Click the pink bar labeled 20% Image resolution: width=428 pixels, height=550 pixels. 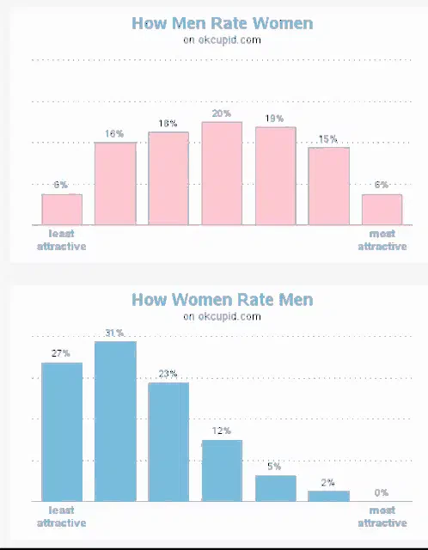[222, 174]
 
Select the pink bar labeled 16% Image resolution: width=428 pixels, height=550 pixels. [115, 183]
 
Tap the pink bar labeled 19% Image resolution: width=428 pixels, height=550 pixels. [276, 175]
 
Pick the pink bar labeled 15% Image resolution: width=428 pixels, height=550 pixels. [328, 186]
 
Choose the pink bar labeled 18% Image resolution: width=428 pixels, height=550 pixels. [168, 178]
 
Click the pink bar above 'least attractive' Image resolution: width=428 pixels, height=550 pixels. [62, 210]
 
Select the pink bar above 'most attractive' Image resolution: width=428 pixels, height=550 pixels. [382, 210]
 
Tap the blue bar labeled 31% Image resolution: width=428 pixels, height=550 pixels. [115, 421]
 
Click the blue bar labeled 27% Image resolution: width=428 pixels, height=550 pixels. [62, 431]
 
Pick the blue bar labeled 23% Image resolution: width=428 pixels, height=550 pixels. [168, 442]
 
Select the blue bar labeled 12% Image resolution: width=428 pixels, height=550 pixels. [222, 471]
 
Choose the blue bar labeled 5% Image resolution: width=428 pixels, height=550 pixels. [276, 488]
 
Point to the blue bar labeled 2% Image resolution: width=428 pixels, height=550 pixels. [328, 496]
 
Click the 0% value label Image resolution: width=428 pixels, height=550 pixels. [382, 492]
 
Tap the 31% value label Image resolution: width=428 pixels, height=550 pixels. [114, 333]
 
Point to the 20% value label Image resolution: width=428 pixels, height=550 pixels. [222, 113]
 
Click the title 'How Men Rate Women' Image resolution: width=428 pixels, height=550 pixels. [223, 23]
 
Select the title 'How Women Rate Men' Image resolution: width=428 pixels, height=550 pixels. [223, 300]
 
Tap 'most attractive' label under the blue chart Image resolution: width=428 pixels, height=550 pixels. [382, 516]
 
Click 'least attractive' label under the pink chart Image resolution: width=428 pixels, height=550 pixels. [61, 240]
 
